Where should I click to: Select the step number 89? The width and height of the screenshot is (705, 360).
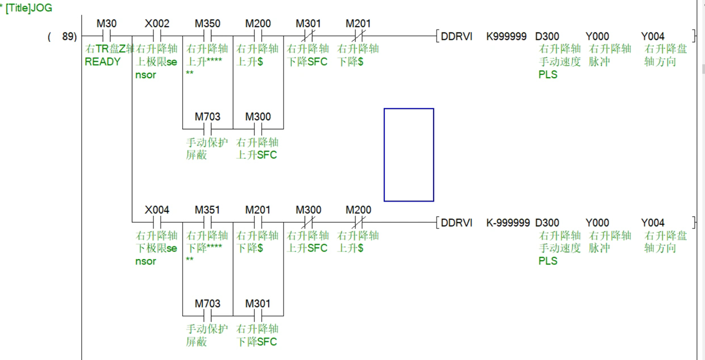(68, 37)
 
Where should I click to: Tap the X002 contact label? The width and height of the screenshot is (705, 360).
(157, 24)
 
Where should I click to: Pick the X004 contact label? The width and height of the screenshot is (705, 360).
(157, 210)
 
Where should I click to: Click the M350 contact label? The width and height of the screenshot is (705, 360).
(207, 24)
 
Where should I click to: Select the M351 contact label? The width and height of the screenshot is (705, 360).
(207, 210)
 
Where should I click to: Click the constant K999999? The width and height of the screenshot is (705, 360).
(507, 37)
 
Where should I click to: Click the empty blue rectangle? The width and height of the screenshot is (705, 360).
(409, 154)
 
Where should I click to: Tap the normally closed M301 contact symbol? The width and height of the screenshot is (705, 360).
(308, 36)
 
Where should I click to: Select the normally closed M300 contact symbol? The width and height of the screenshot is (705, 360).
(308, 222)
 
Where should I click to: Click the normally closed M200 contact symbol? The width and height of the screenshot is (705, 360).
(359, 222)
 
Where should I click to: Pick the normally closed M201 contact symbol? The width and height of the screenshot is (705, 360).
(359, 36)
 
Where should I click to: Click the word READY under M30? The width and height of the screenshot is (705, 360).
(103, 62)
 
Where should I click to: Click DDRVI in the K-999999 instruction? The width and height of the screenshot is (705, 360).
(457, 223)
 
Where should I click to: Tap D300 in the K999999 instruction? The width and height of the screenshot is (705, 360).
(547, 37)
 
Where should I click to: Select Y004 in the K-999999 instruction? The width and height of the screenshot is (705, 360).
(653, 223)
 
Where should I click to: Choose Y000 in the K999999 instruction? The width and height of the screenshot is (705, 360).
(597, 37)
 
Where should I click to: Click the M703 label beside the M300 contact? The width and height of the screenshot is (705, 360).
(207, 117)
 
